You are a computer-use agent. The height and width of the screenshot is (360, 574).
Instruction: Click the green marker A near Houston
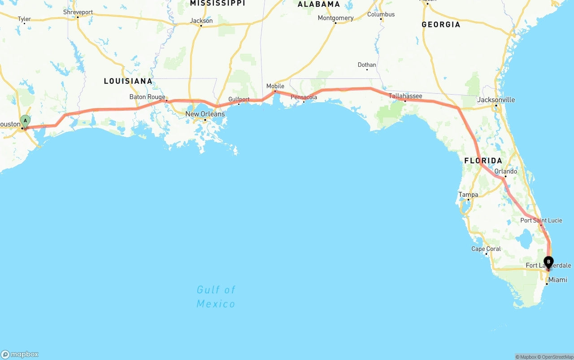(x=26, y=121)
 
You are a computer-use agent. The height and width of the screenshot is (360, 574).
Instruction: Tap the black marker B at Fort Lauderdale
(x=548, y=262)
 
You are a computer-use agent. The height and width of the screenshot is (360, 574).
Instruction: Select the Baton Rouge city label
(x=147, y=97)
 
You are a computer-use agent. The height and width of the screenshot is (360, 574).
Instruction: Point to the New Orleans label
(x=205, y=114)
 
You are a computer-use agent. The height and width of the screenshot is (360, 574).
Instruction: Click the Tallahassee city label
(x=405, y=96)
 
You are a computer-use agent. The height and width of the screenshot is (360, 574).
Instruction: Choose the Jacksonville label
(x=496, y=100)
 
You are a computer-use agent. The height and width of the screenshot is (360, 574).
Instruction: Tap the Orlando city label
(x=505, y=171)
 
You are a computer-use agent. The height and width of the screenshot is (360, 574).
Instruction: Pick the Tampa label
(x=468, y=195)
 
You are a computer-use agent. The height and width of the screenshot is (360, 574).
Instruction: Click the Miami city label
(x=557, y=280)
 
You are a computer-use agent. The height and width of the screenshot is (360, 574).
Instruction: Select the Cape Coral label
(x=486, y=249)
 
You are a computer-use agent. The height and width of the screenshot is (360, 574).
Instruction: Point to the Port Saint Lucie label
(x=541, y=220)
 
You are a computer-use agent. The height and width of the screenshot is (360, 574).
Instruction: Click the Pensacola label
(x=304, y=97)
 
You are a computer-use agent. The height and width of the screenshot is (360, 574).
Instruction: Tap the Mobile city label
(x=275, y=86)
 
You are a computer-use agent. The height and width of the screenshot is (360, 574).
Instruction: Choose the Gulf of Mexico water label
(x=216, y=297)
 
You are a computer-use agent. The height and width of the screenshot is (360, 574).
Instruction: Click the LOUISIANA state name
(x=128, y=81)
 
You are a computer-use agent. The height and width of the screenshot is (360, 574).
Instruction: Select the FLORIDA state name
(x=483, y=160)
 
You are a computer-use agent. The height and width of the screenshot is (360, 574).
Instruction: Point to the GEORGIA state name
(x=440, y=25)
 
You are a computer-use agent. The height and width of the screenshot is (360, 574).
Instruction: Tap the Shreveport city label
(x=78, y=12)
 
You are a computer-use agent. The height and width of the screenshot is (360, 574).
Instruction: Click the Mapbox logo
(x=20, y=354)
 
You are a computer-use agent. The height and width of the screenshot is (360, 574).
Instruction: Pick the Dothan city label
(x=367, y=65)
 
